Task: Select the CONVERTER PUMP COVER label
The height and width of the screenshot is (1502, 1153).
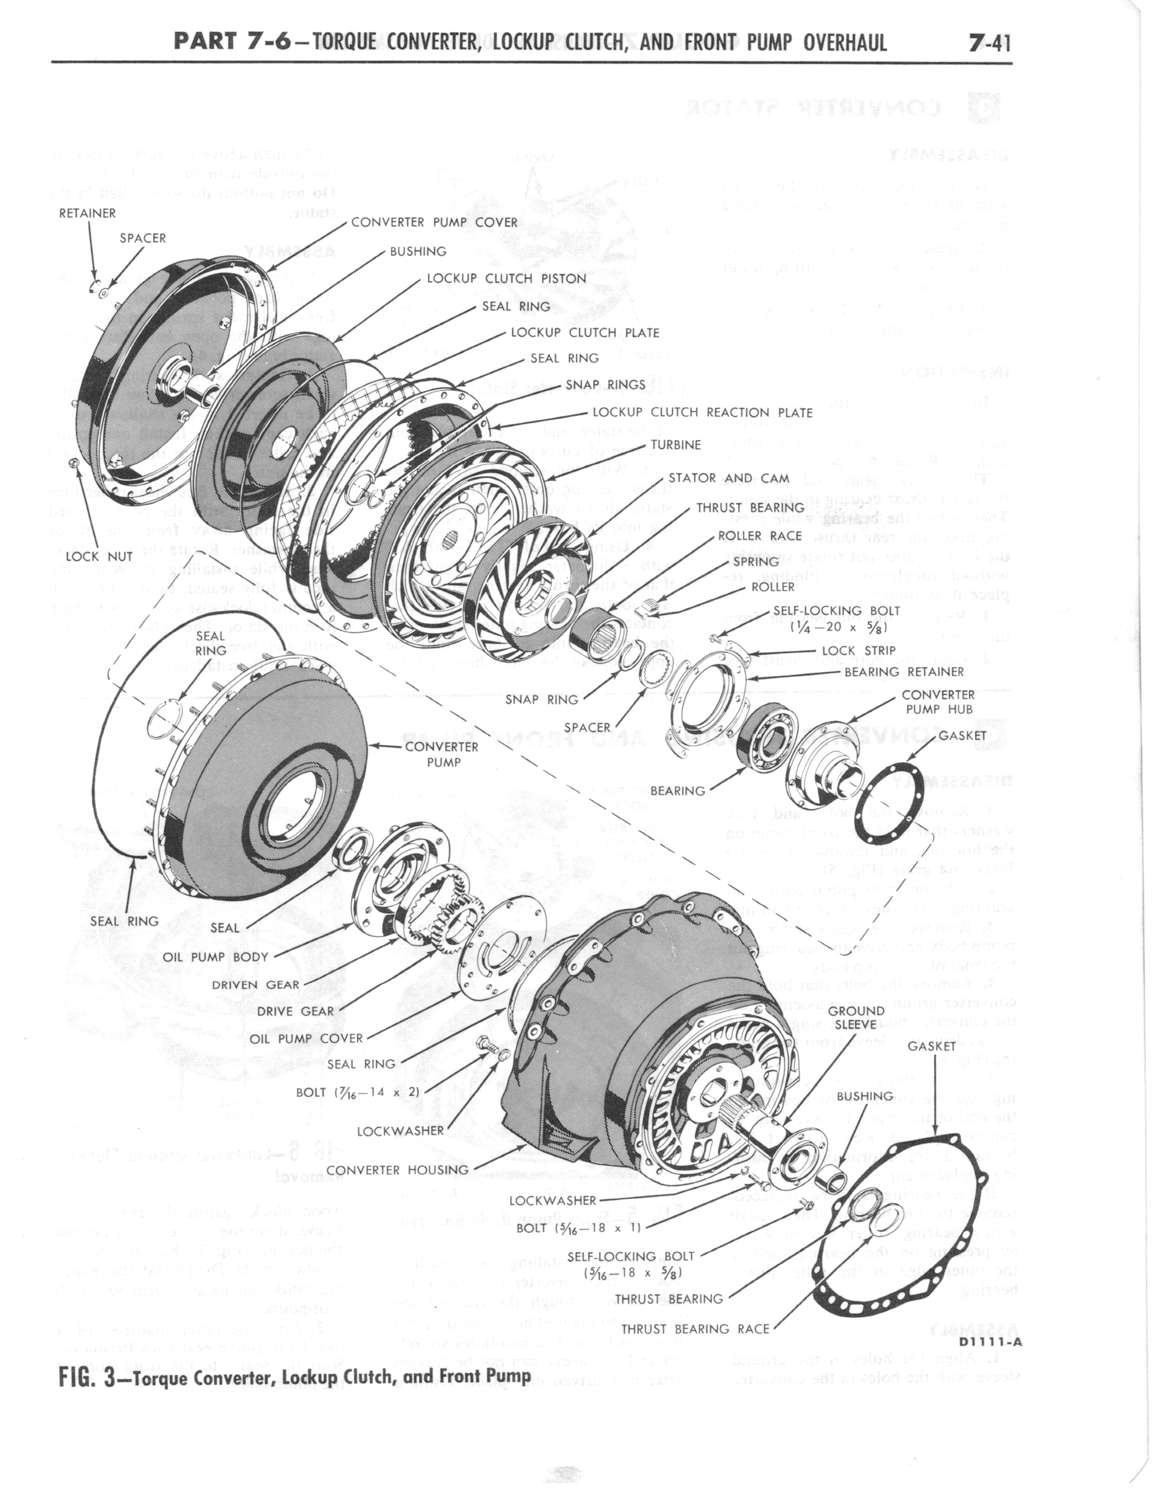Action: click(434, 222)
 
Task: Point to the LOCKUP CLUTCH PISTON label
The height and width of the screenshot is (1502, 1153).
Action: click(506, 279)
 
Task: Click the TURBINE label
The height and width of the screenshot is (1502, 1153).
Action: click(676, 445)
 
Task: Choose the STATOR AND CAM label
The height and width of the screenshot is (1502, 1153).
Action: click(729, 478)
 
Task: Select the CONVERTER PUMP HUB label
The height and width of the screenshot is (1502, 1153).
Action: click(938, 701)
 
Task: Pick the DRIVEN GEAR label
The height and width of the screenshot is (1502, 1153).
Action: click(256, 984)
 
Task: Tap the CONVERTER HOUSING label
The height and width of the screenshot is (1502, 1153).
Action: click(398, 1170)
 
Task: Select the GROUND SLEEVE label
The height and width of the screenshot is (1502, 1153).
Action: click(856, 1017)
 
